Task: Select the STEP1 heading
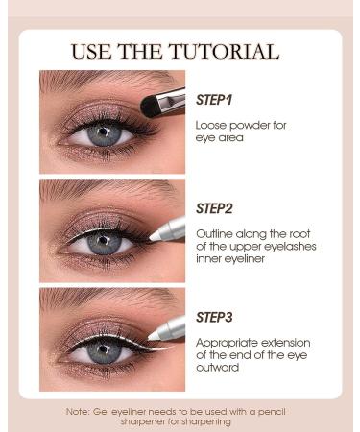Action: pyautogui.click(x=214, y=99)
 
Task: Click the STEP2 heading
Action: pyautogui.click(x=215, y=207)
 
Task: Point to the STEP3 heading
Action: pyautogui.click(x=215, y=316)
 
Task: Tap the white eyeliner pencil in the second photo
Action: pyautogui.click(x=167, y=227)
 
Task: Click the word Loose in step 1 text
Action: pyautogui.click(x=210, y=125)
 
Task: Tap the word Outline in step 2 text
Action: pyautogui.click(x=214, y=233)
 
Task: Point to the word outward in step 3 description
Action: pyautogui.click(x=216, y=368)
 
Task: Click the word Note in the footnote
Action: pyautogui.click(x=79, y=411)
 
